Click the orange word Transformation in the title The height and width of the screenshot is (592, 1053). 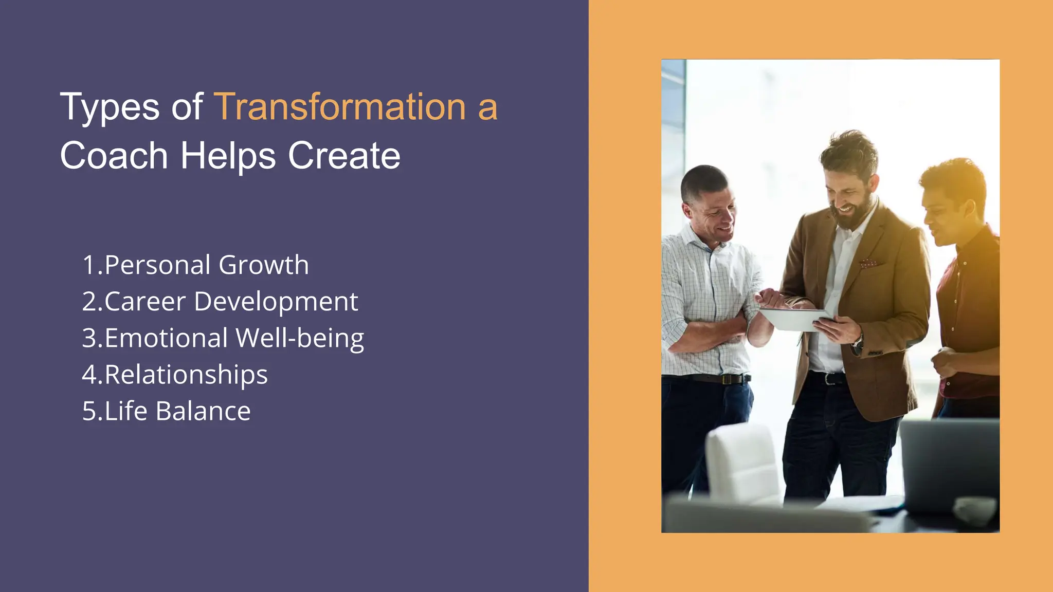[x=340, y=107]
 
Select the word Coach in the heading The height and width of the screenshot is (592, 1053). [x=114, y=156]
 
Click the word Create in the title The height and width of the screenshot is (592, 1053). [x=344, y=156]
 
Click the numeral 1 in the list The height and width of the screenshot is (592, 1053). [x=88, y=265]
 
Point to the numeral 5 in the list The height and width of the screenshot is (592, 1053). [x=89, y=411]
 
